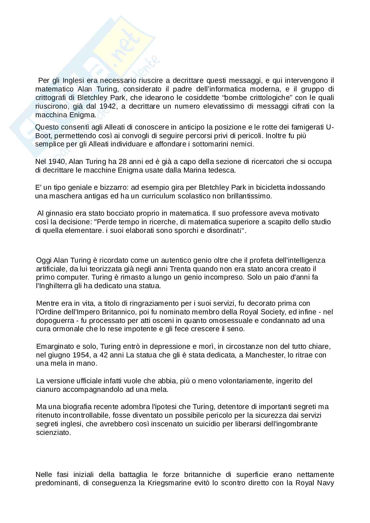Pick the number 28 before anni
click(132, 162)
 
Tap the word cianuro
click(48, 390)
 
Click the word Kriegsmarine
click(158, 483)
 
